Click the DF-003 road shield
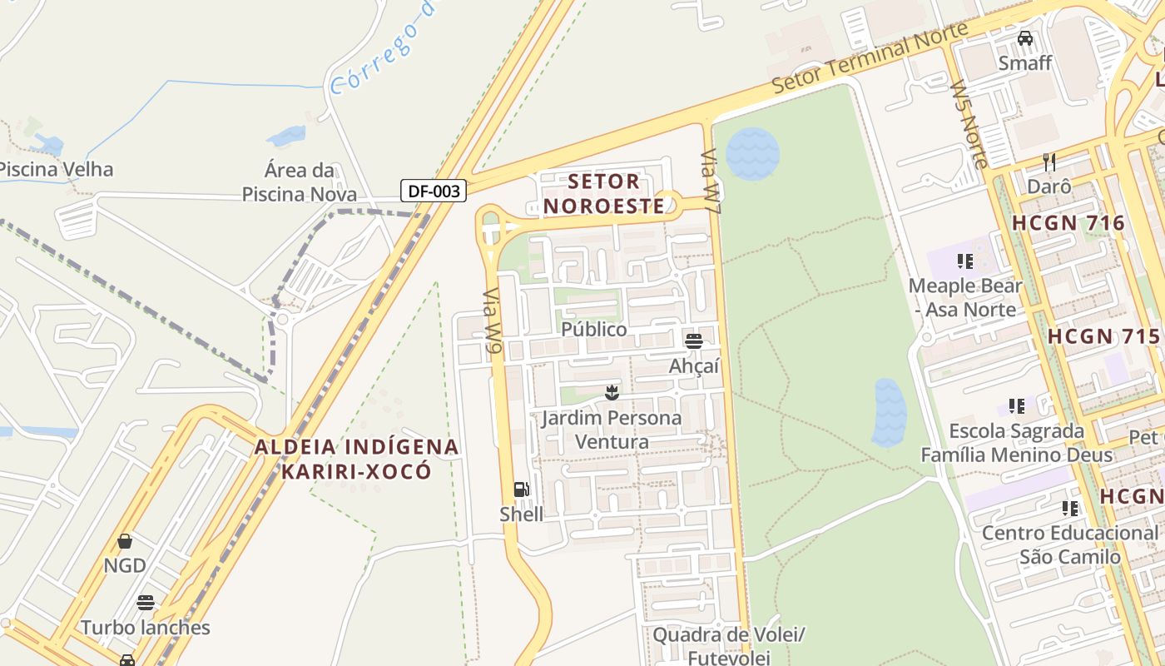point(434,191)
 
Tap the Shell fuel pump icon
point(521,490)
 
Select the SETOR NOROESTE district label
point(604,193)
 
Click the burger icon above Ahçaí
point(694,340)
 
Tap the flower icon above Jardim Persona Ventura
point(612,392)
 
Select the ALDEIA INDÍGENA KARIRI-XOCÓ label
point(357,459)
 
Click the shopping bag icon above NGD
point(125,541)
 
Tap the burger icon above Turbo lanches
point(146,603)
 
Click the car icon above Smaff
point(1025,38)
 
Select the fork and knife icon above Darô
point(1049,162)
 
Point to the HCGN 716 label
point(1068,223)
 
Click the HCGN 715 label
point(1103,336)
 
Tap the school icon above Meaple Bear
point(965,261)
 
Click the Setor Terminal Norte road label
point(870,58)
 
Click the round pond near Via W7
point(752,154)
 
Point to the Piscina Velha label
point(55,169)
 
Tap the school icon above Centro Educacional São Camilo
point(1070,508)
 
